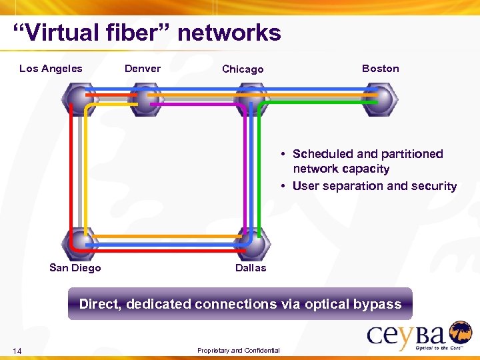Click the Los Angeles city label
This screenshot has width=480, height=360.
tap(51, 68)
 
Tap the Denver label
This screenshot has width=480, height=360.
tap(143, 68)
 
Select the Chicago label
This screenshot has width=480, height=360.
tap(243, 69)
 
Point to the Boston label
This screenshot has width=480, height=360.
tap(380, 68)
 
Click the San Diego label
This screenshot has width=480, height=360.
tap(75, 267)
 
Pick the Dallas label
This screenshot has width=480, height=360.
tap(251, 267)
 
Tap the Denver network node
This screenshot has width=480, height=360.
tap(145, 99)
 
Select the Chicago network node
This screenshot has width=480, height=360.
tap(251, 99)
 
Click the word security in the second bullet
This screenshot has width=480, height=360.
tap(433, 186)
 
